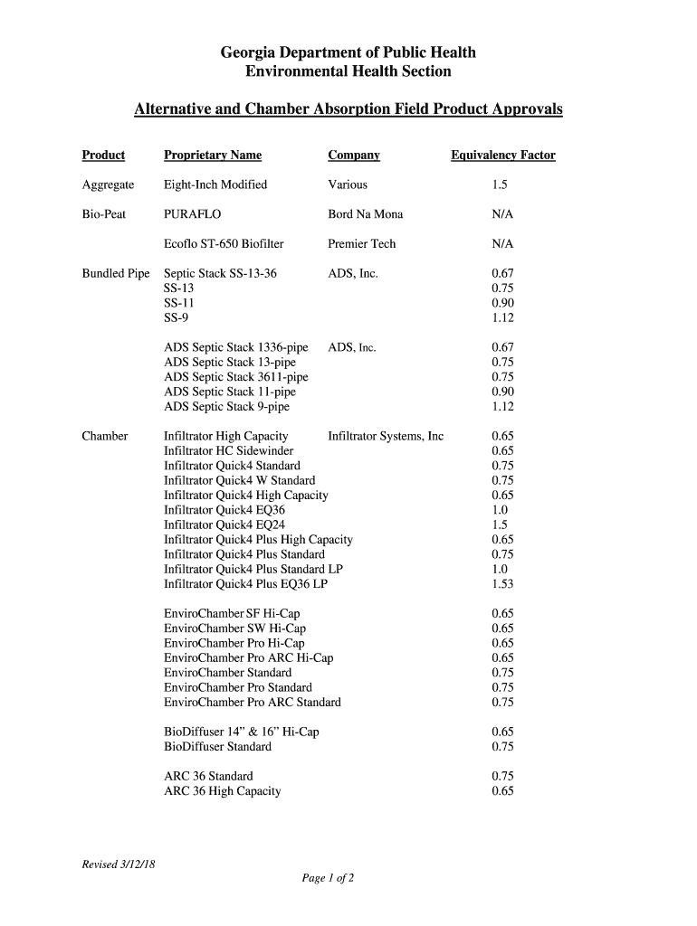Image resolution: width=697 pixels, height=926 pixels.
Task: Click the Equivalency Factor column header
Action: [502, 156]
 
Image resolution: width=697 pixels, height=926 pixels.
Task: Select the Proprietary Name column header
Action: [212, 156]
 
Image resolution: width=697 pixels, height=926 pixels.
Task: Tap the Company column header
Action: [353, 156]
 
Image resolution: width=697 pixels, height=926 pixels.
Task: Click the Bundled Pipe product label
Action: [115, 273]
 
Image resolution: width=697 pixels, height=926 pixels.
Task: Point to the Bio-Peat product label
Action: [103, 214]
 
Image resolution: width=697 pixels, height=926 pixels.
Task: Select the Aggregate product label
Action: [108, 184]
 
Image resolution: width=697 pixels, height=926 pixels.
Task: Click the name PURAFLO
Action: [192, 214]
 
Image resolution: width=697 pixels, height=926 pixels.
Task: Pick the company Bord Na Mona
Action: [365, 214]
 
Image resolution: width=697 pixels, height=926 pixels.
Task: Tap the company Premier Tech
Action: [361, 244]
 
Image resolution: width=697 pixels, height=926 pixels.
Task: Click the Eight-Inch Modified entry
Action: [215, 184]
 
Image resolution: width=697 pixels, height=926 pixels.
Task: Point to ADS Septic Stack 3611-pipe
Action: [235, 377]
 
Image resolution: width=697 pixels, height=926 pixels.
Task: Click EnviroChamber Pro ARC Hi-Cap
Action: [248, 658]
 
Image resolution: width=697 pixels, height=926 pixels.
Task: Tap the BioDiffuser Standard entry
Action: [217, 747]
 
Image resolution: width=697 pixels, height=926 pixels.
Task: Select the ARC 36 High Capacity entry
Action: [222, 791]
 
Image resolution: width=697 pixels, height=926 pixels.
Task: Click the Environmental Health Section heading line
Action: [348, 71]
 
